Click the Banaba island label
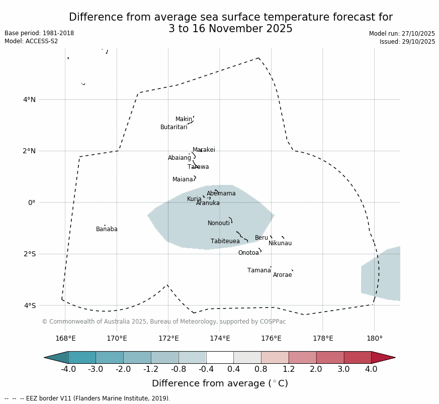click(107, 230)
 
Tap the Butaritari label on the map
click(173, 128)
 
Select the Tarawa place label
click(198, 167)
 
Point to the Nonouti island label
click(219, 224)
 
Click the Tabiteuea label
click(225, 242)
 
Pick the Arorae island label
click(282, 275)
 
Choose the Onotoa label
click(248, 253)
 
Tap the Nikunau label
click(280, 244)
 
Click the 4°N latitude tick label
click(29, 99)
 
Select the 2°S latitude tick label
click(29, 254)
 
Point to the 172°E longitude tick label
click(168, 339)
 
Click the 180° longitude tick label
click(375, 339)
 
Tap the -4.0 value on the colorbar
click(68, 369)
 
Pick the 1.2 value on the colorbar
click(289, 369)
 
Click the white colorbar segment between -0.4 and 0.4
click(220, 357)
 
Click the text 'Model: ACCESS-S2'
click(31, 41)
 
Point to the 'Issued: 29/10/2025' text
click(407, 42)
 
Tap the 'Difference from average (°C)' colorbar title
click(220, 384)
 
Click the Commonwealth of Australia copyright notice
click(163, 322)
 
